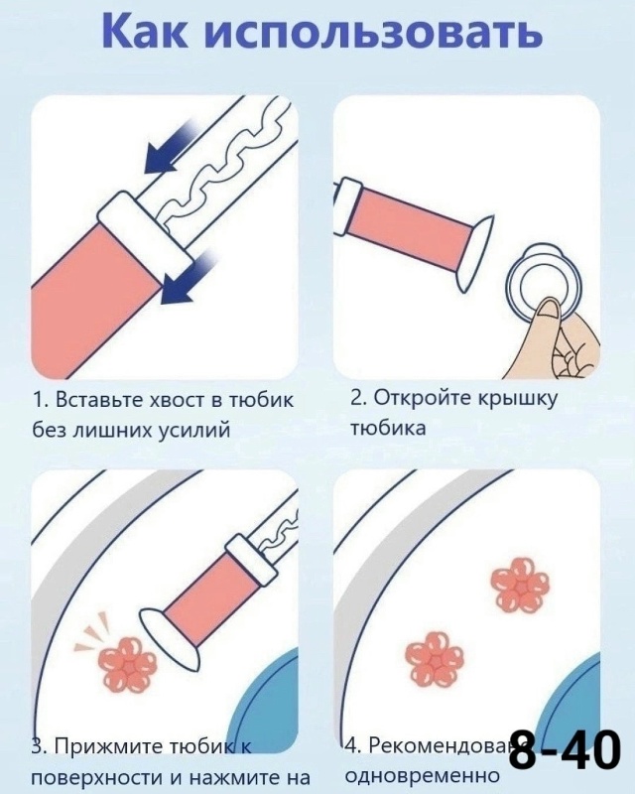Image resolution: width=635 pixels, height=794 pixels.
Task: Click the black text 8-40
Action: (x=564, y=751)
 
